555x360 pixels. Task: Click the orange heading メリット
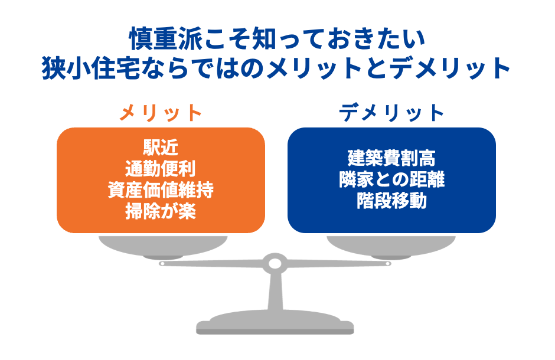(x=161, y=112)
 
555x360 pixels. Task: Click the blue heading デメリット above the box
(x=391, y=112)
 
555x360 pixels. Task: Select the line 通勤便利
(x=161, y=169)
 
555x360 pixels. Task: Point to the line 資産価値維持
(x=161, y=190)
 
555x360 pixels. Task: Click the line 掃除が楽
(x=161, y=211)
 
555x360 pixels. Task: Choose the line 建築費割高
(x=391, y=158)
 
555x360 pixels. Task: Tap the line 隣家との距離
(x=391, y=179)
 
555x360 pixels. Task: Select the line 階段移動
(x=391, y=201)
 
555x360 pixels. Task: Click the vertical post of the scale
(x=275, y=292)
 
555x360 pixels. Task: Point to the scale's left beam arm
(x=213, y=263)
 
